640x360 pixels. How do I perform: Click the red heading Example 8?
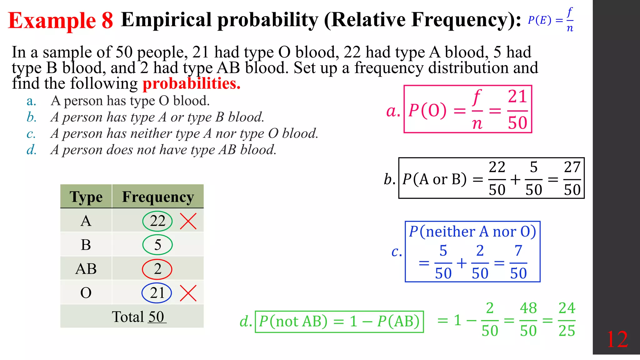pyautogui.click(x=60, y=21)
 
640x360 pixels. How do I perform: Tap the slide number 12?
pyautogui.click(x=617, y=339)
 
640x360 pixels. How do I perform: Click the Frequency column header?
pyautogui.click(x=158, y=197)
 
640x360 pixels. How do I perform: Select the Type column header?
pyautogui.click(x=86, y=197)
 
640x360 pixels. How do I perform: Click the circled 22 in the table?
pyautogui.click(x=157, y=221)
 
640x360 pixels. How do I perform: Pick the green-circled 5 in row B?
pyautogui.click(x=157, y=245)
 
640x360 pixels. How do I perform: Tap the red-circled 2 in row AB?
pyautogui.click(x=157, y=269)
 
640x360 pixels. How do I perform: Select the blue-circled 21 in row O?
pyautogui.click(x=157, y=293)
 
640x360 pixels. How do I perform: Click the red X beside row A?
pyautogui.click(x=188, y=221)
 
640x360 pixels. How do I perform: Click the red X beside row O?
pyautogui.click(x=188, y=293)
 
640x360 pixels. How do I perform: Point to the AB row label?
pyautogui.click(x=86, y=269)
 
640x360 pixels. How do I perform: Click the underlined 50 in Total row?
pyautogui.click(x=156, y=317)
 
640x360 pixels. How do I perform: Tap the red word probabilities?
pyautogui.click(x=191, y=83)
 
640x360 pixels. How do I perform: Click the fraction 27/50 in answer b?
pyautogui.click(x=572, y=179)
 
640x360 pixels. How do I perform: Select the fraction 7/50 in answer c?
pyautogui.click(x=518, y=262)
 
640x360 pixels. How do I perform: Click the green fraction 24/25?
pyautogui.click(x=567, y=320)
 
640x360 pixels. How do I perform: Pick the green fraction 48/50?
pyautogui.click(x=528, y=320)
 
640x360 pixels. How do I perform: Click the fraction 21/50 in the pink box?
pyautogui.click(x=517, y=110)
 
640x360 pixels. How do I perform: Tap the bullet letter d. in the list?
pyautogui.click(x=32, y=150)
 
